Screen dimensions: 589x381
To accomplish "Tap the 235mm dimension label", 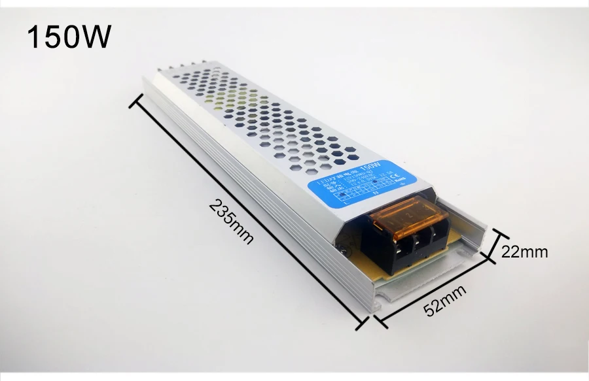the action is point(231,222).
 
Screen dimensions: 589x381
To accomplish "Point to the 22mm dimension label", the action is point(524,251).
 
